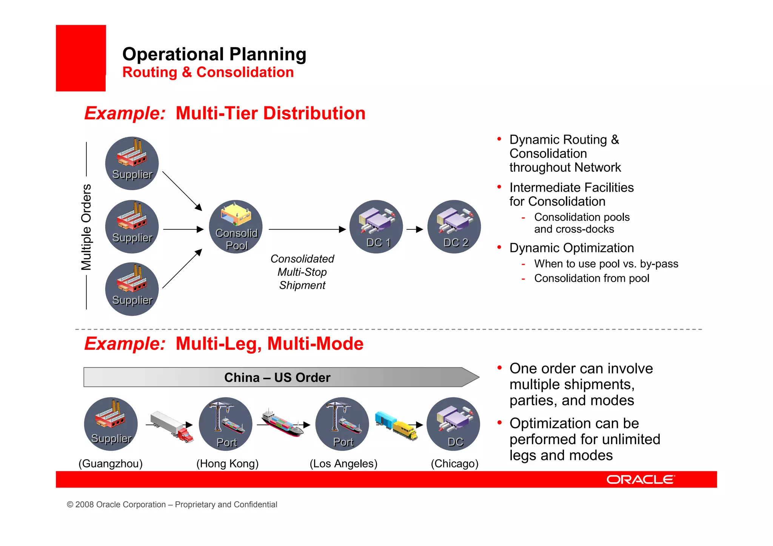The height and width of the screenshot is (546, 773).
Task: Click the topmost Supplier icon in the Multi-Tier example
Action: [132, 163]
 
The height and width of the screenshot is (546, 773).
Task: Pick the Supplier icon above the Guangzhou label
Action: [111, 424]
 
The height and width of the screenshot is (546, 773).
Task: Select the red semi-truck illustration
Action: [172, 426]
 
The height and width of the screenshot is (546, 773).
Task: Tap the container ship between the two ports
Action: [282, 423]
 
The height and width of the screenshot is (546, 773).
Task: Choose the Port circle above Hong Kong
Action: [226, 424]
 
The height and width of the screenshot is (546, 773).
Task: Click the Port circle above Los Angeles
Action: [342, 424]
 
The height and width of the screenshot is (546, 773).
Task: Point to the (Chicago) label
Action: [454, 463]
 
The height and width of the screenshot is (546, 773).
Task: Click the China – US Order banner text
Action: [277, 377]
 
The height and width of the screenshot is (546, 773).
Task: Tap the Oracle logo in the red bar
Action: [641, 480]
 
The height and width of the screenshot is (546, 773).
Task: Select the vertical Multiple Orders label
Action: [86, 227]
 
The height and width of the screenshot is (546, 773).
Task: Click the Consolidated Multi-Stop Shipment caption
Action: [302, 272]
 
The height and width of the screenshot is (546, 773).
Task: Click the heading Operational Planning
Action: [214, 54]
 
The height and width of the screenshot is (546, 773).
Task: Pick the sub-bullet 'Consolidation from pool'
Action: [591, 278]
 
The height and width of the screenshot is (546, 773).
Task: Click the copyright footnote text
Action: [172, 504]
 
